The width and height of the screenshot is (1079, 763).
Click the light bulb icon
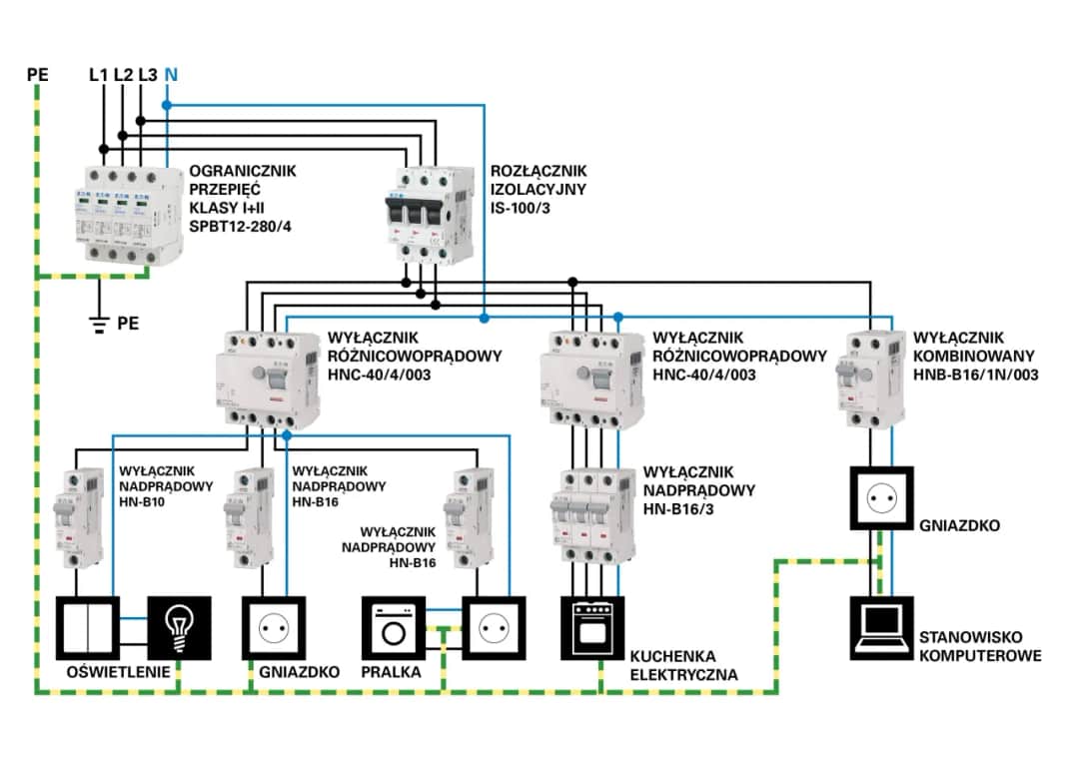[x=180, y=628]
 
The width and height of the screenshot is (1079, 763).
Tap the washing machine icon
[x=394, y=628]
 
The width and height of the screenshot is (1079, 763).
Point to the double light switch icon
[x=87, y=628]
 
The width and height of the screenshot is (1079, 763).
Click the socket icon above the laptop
[x=881, y=496]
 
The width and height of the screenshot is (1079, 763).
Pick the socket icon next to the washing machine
[x=493, y=628]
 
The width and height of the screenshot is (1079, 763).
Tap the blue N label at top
[x=171, y=74]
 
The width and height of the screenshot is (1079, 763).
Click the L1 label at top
[x=99, y=74]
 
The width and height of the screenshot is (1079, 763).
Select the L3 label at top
[x=147, y=74]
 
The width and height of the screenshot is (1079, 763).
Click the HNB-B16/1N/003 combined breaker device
[x=868, y=379]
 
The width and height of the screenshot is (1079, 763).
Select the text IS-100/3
[x=525, y=207]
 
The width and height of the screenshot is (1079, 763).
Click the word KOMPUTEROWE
[x=979, y=656]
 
